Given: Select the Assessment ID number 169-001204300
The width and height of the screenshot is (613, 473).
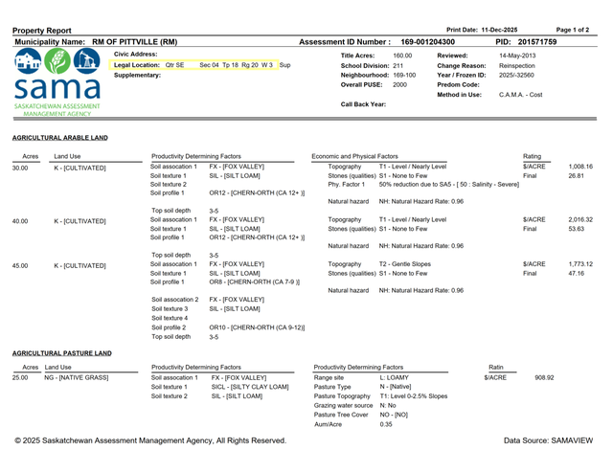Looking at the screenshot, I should coord(428,43).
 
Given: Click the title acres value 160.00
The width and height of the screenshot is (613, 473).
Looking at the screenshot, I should coord(402,56).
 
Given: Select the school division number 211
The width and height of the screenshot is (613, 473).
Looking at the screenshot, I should coord(398,65).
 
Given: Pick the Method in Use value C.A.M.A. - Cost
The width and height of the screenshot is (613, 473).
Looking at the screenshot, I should coord(521,95).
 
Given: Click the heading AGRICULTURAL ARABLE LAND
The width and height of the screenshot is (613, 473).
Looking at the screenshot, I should coord(60,138).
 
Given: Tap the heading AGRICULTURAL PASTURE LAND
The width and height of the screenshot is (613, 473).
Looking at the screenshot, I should coord(62,353).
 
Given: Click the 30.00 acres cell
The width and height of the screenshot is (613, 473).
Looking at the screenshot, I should coord(20,168).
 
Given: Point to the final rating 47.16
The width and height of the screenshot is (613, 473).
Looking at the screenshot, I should coord(577,273).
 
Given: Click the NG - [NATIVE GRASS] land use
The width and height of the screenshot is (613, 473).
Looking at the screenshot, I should coord(77,378).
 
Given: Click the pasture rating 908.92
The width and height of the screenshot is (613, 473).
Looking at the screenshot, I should coord(544,378).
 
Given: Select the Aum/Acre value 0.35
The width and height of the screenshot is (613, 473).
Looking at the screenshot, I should coord(386,423).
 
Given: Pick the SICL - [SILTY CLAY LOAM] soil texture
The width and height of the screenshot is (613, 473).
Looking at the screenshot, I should coord(250,387).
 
